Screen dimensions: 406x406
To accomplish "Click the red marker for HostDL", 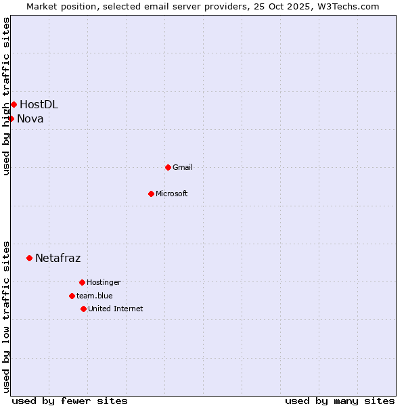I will click(x=14, y=104).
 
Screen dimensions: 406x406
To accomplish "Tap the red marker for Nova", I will click(x=11, y=118).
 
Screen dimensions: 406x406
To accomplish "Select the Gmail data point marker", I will click(x=168, y=167).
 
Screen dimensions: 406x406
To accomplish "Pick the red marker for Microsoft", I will click(x=151, y=194).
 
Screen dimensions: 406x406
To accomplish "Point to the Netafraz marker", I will click(x=29, y=258).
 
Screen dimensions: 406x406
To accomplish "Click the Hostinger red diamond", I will click(x=82, y=282).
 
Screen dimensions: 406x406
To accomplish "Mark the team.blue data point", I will click(x=72, y=296).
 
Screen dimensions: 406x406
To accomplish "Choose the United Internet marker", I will click(x=83, y=309).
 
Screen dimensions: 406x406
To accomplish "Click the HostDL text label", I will click(x=39, y=104).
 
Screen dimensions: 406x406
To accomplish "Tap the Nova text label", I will click(x=30, y=119).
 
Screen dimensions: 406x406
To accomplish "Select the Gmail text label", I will click(x=183, y=167).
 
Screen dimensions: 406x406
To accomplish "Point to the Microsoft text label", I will click(x=172, y=194).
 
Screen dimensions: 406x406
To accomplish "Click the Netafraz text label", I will click(x=58, y=258).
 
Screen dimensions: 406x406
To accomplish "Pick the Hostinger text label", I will click(x=104, y=282).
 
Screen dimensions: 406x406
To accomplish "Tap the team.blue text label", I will click(x=95, y=296).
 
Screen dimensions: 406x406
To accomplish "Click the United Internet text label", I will click(x=116, y=309).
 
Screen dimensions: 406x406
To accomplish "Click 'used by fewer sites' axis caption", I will click(x=70, y=401).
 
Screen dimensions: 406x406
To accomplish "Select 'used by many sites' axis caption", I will click(x=340, y=401).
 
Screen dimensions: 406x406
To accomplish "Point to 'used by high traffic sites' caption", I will click(x=6, y=96).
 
